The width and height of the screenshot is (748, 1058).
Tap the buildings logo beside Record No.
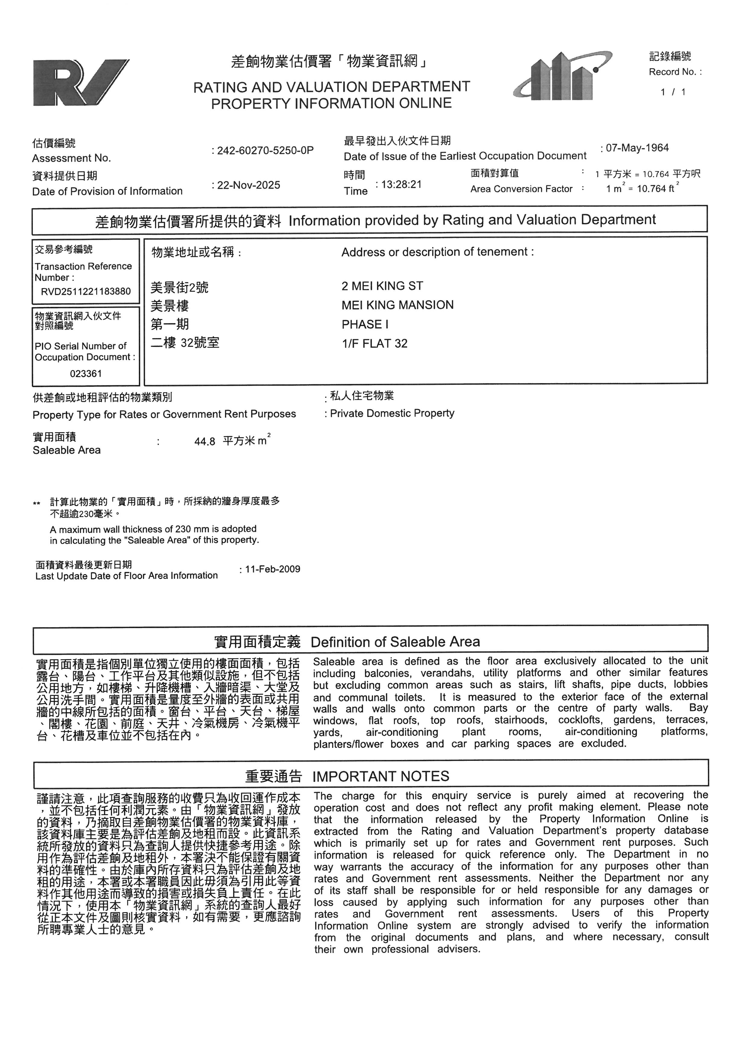click(x=563, y=76)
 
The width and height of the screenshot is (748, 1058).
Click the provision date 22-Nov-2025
click(x=248, y=185)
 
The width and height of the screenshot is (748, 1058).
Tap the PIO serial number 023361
click(x=86, y=374)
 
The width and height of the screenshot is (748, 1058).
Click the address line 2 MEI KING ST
click(x=382, y=286)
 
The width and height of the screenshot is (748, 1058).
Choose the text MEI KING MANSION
click(x=398, y=305)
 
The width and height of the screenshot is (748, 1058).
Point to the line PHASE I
click(x=365, y=324)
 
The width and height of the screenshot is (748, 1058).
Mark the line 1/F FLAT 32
click(x=375, y=344)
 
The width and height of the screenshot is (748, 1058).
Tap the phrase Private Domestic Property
click(x=392, y=413)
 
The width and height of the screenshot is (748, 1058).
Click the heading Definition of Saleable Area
click(x=395, y=642)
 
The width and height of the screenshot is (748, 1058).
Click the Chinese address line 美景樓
click(x=170, y=306)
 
